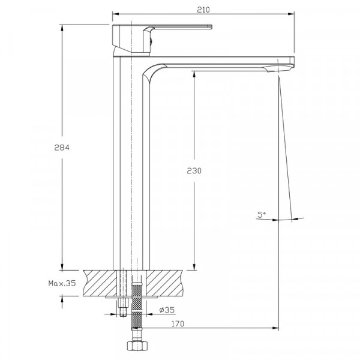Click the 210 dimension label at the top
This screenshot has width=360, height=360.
click(x=203, y=10)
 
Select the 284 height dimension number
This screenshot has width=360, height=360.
click(x=62, y=148)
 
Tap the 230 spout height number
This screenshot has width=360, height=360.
click(x=194, y=170)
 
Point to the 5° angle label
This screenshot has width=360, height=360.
click(x=262, y=215)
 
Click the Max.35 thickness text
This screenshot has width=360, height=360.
click(x=62, y=283)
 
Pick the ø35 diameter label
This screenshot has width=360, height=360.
click(x=167, y=310)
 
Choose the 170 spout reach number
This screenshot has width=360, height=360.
click(x=178, y=324)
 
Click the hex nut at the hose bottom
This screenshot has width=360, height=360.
click(x=137, y=346)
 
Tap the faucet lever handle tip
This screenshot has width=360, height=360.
click(x=210, y=26)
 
